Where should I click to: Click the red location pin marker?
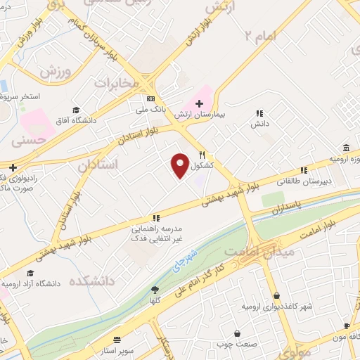181,165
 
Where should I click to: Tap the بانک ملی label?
150,109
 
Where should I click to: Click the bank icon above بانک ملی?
150,98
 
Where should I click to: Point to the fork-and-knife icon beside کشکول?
202,155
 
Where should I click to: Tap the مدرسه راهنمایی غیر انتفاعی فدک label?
156,235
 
